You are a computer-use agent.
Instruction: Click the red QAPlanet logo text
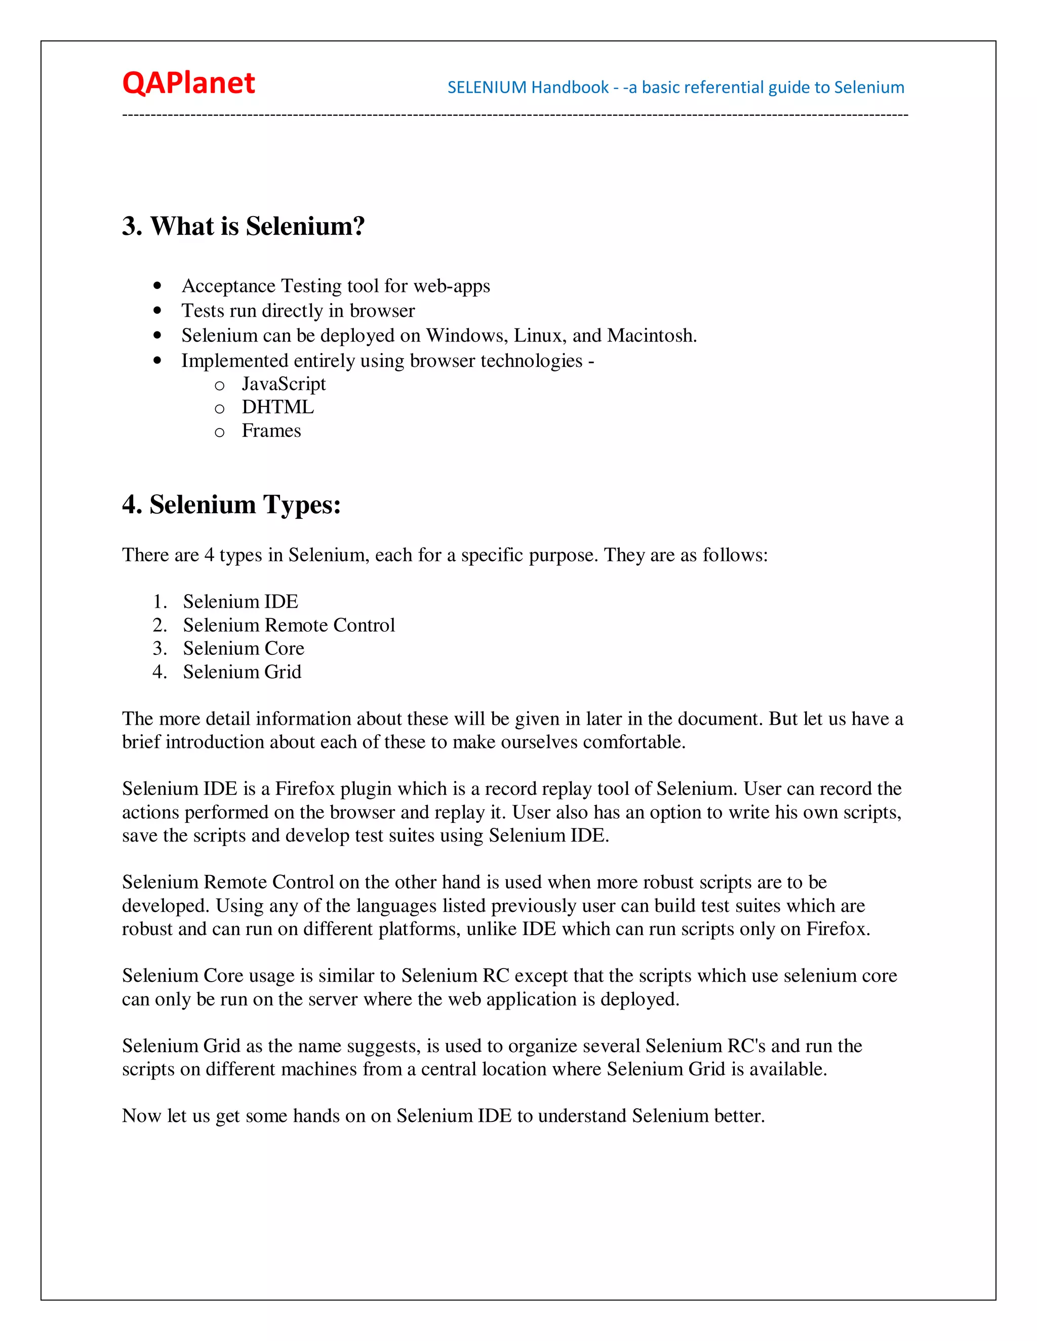pos(188,83)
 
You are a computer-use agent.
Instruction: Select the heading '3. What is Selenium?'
pos(243,226)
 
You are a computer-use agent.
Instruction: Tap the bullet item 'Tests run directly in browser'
pos(298,311)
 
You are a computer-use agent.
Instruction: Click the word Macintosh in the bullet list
pos(651,336)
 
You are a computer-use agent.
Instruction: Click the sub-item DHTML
pos(277,407)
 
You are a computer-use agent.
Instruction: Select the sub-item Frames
pos(271,431)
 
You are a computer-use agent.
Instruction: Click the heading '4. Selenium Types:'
pos(231,505)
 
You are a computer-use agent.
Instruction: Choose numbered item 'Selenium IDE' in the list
pos(240,601)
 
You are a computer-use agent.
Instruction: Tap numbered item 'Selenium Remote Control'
pos(289,625)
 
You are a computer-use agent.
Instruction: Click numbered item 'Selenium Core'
pos(243,648)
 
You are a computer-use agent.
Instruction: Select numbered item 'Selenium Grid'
pos(242,672)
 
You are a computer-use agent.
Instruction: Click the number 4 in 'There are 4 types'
pos(209,555)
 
